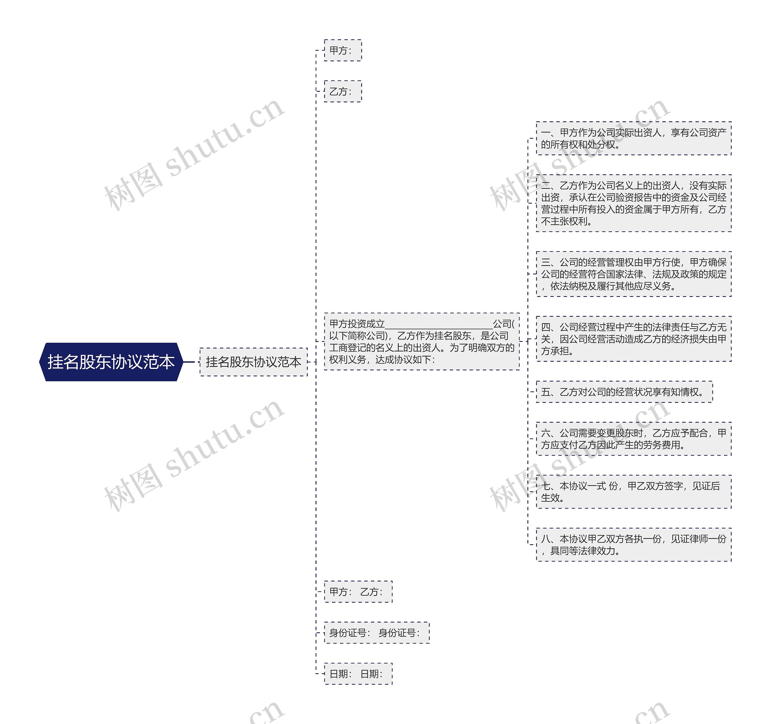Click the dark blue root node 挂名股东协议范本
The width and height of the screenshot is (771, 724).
coord(111,362)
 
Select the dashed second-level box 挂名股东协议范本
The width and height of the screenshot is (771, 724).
coord(253,362)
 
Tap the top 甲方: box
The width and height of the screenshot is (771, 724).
coord(343,50)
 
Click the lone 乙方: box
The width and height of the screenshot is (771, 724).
coord(343,91)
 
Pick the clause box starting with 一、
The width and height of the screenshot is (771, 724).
coord(633,138)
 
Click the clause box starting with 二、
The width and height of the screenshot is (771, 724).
coord(633,203)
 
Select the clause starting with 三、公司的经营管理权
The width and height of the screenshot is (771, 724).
coord(633,274)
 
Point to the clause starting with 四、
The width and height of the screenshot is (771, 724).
coord(633,339)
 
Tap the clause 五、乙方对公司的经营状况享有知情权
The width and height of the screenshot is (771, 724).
coord(624,392)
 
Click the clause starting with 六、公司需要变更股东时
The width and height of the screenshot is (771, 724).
coord(633,439)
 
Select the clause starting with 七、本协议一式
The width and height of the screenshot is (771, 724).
coord(633,491)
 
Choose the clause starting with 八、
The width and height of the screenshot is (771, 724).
coord(633,545)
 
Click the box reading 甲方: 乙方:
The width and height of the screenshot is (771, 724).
coord(358,592)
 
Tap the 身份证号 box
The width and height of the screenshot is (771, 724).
coord(376,633)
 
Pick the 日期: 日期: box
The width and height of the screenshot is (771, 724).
coord(358,674)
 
